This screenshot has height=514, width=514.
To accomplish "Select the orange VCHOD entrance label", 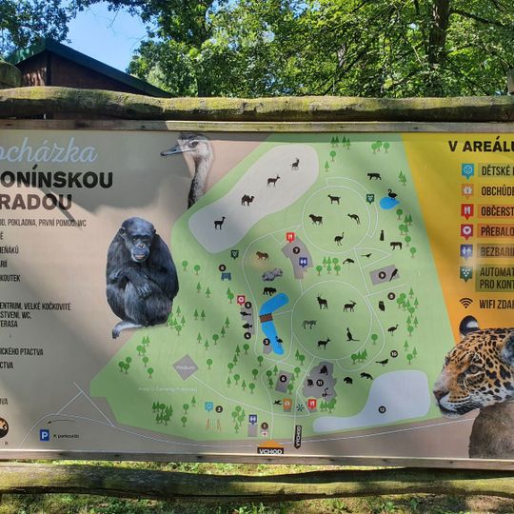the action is [x=270, y=449].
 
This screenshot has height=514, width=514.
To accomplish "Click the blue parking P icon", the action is [x=44, y=434].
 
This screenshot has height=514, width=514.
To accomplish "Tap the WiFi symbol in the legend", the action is [x=465, y=303].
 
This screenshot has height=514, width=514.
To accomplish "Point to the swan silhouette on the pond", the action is [x=391, y=195].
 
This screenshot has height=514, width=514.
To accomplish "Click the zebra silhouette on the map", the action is [x=308, y=324].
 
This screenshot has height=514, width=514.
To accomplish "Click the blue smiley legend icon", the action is [x=467, y=170].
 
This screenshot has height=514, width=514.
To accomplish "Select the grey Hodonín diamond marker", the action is [x=185, y=366].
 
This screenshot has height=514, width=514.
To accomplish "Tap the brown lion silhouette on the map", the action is [x=262, y=256].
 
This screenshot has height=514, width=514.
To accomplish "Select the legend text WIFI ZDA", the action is [x=494, y=304].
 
